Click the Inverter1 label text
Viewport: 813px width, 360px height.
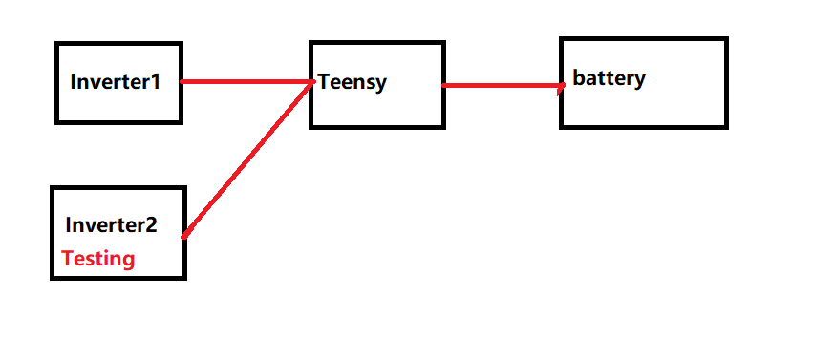[115, 82]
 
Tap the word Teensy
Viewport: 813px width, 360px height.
[353, 82]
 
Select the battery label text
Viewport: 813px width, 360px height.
[609, 78]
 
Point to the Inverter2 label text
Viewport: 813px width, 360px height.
[111, 226]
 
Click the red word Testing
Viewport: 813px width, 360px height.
[97, 258]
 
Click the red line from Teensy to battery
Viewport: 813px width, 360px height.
[503, 86]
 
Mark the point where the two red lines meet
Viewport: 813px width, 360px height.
[312, 82]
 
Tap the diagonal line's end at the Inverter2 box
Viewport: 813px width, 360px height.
[184, 234]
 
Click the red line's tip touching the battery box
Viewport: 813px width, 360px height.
[564, 86]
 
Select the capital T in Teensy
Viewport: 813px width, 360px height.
[324, 82]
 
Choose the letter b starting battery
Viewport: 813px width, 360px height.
[578, 77]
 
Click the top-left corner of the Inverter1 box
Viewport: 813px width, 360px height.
[57, 44]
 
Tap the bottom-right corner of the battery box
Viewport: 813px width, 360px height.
[726, 126]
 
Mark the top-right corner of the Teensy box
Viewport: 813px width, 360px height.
[443, 43]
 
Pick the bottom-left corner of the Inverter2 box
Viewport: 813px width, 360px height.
[53, 278]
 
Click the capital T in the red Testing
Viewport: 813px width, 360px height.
[67, 258]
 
